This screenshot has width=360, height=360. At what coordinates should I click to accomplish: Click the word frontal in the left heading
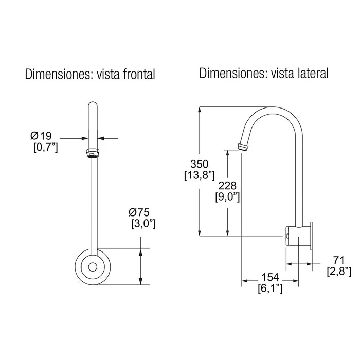tap(139, 74)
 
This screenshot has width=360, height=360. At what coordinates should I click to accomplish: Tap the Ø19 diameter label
tap(41, 136)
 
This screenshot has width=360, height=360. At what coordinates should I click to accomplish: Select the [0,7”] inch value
tap(46, 147)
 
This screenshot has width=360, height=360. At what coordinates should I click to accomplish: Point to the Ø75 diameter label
tap(139, 212)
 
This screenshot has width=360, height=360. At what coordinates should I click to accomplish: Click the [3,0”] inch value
tap(143, 224)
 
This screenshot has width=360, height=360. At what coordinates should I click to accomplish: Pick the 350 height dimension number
tap(200, 164)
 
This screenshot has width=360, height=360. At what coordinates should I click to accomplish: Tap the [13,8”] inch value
tap(200, 176)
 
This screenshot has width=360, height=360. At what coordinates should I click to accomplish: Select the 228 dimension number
tap(227, 186)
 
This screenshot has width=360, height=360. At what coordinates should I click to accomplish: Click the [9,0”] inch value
tap(227, 197)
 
